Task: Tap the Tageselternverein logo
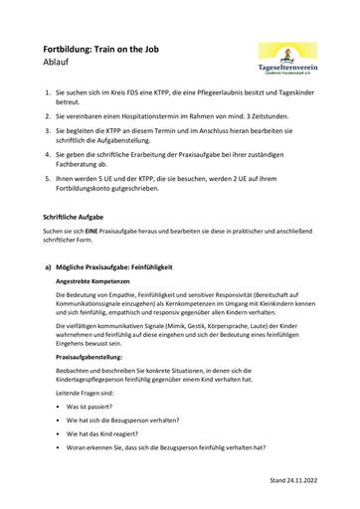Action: [286, 54]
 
